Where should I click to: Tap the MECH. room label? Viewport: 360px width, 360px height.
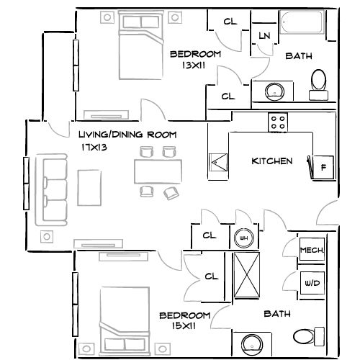click(x=310, y=251)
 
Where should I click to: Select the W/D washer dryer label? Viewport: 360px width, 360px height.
click(x=311, y=284)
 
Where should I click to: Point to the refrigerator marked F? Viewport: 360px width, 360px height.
click(x=323, y=167)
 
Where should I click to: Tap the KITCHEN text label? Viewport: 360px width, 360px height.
click(x=271, y=161)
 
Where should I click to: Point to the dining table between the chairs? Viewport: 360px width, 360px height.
click(x=157, y=171)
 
